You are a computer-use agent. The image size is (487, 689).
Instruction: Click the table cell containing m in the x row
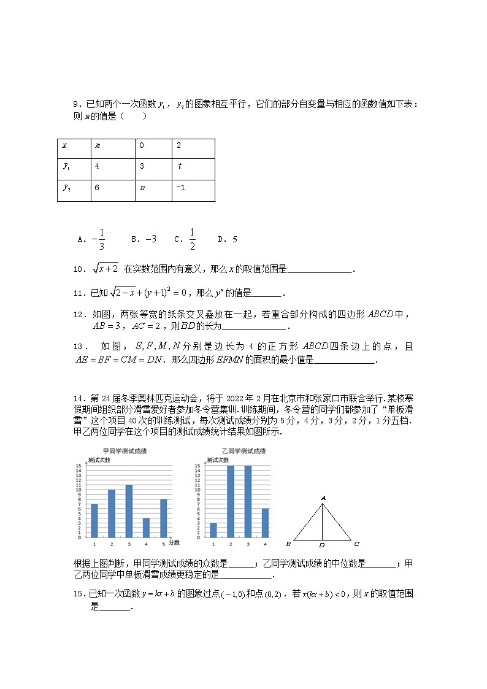112,148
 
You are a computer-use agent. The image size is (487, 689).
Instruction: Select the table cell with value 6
112,190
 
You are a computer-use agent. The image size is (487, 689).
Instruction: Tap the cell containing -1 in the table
193,190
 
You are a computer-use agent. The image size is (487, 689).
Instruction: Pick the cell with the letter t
193,169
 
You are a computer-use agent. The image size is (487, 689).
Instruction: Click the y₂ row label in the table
74,190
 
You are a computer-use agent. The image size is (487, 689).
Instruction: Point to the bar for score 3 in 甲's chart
129,511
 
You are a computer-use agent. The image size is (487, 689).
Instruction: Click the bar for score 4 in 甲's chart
146,528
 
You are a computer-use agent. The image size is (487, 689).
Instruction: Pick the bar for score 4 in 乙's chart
265,523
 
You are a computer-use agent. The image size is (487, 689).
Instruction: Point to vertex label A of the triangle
323,498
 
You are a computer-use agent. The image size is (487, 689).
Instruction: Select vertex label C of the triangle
356,544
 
